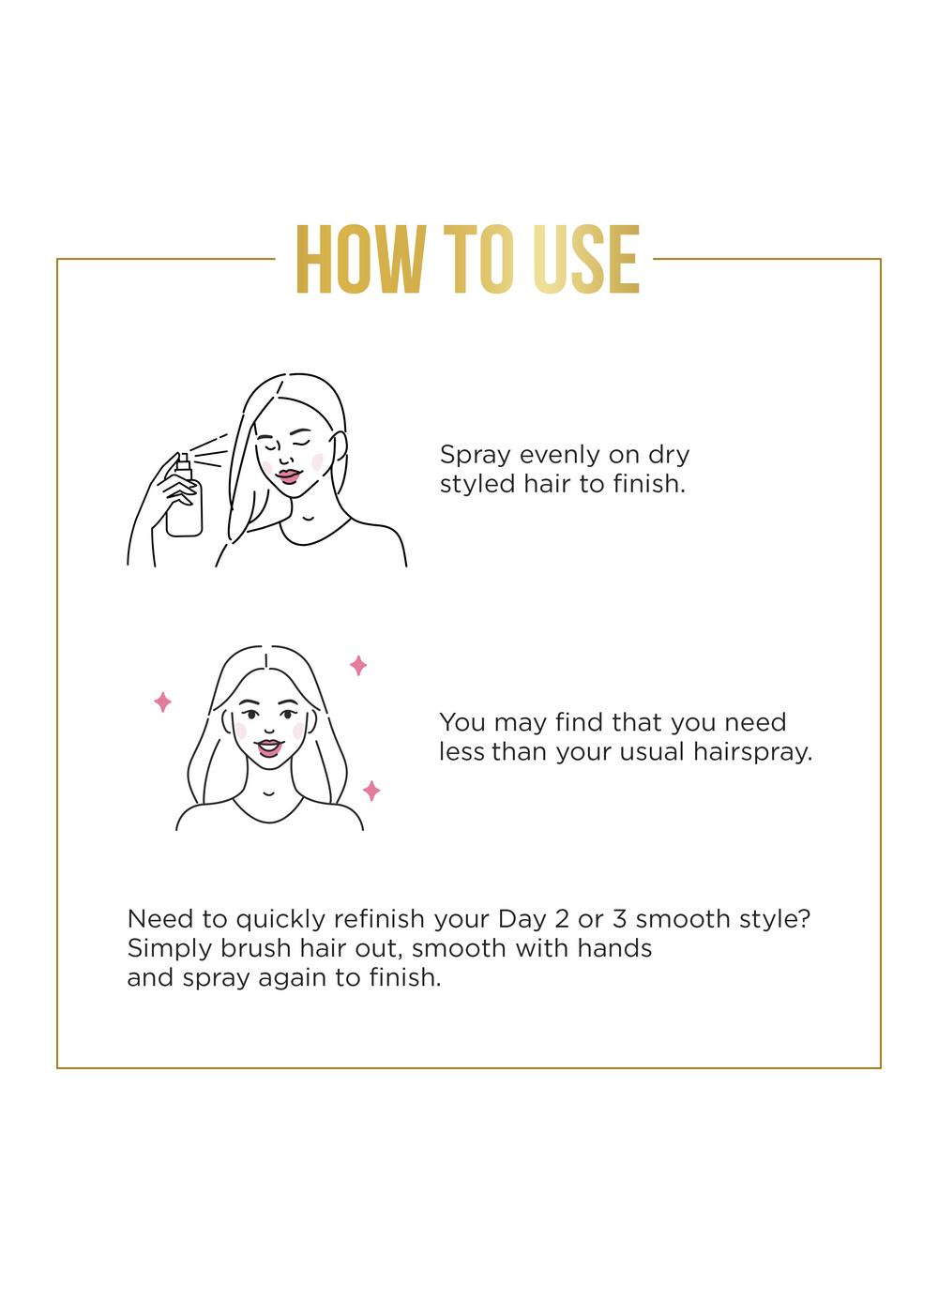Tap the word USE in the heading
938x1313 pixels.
586,259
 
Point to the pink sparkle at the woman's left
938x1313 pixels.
162,702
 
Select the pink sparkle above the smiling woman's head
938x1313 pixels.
358,665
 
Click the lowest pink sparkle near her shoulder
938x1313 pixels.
371,791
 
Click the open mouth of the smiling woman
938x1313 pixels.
268,748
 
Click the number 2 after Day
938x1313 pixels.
562,918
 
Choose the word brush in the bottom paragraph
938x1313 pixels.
255,948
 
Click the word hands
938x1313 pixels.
614,948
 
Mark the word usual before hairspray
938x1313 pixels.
651,752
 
